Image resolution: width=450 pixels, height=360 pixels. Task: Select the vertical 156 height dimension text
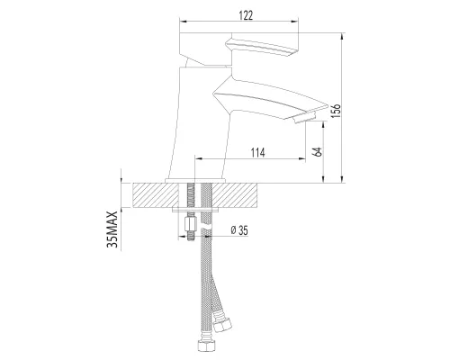[x=337, y=110]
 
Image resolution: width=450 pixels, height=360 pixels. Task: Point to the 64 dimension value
[x=318, y=152]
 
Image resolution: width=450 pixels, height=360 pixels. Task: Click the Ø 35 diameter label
[x=238, y=230]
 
